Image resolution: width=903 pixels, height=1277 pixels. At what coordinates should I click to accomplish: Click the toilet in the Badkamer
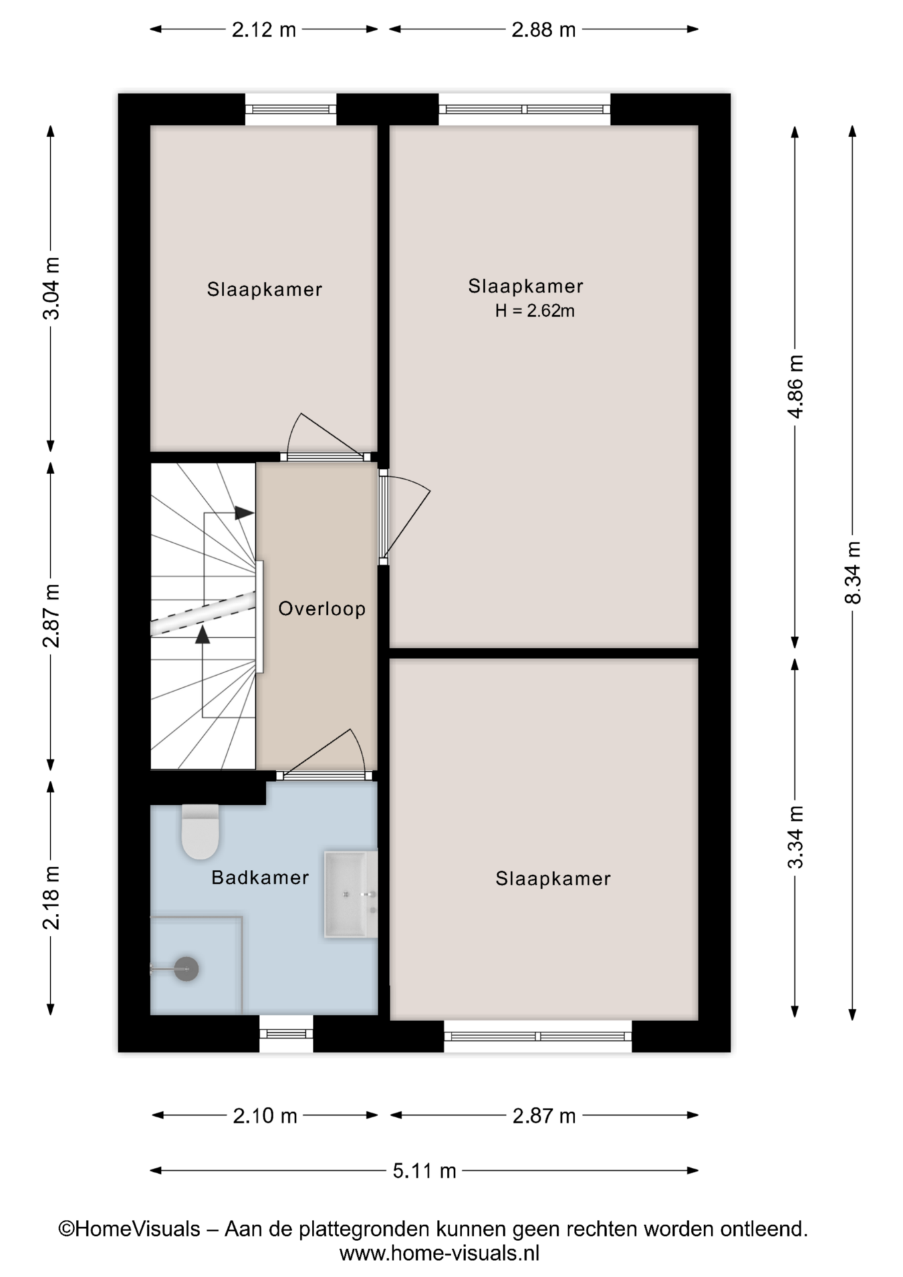pyautogui.click(x=200, y=831)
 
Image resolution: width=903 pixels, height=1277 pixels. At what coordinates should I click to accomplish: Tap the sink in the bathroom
pyautogui.click(x=350, y=894)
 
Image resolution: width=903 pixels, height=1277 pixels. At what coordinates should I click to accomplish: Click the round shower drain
pyautogui.click(x=186, y=969)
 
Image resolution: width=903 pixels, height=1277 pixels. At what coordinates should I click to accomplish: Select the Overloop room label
pyautogui.click(x=322, y=609)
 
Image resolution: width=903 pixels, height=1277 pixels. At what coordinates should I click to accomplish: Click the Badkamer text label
pyautogui.click(x=260, y=877)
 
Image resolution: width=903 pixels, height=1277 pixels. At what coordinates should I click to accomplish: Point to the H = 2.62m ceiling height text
pyautogui.click(x=535, y=311)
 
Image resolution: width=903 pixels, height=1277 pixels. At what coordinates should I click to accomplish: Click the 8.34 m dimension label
pyautogui.click(x=852, y=573)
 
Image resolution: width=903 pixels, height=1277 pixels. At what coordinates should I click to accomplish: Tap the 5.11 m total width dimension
pyautogui.click(x=424, y=1171)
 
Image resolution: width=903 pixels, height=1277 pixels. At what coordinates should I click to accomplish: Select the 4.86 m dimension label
pyautogui.click(x=795, y=386)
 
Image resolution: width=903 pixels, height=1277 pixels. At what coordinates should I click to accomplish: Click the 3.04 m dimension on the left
pyautogui.click(x=51, y=288)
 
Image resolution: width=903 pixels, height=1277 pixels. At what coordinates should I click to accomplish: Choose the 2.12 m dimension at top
pyautogui.click(x=264, y=30)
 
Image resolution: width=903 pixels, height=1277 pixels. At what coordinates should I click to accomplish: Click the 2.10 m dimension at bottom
pyautogui.click(x=265, y=1115)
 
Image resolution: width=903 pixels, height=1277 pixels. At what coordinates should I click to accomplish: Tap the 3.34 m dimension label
pyautogui.click(x=795, y=837)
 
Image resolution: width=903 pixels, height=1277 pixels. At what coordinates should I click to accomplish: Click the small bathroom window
pyautogui.click(x=286, y=1034)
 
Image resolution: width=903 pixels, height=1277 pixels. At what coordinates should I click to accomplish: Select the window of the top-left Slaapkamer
pyautogui.click(x=291, y=110)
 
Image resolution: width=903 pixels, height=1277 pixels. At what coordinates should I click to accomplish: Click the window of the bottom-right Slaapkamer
pyautogui.click(x=538, y=1036)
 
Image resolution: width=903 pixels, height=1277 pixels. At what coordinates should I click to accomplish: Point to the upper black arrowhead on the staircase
pyautogui.click(x=244, y=513)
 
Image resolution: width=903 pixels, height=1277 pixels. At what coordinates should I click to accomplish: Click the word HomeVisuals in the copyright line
pyautogui.click(x=138, y=1228)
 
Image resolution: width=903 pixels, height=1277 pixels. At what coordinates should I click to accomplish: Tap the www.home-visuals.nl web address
pyautogui.click(x=440, y=1254)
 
